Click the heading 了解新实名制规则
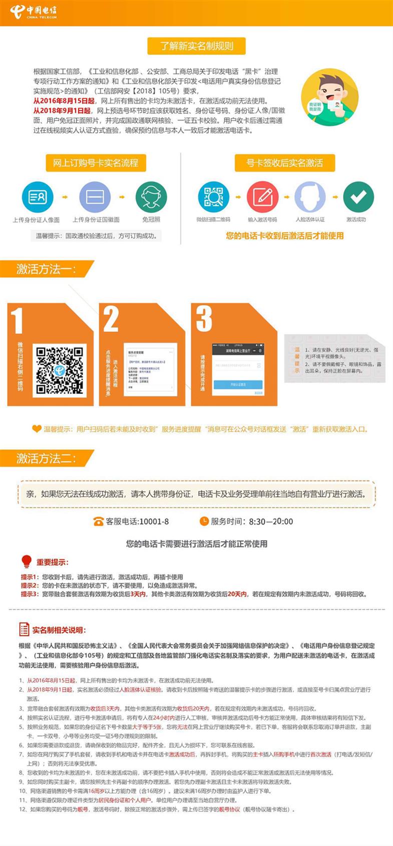(x=196, y=46)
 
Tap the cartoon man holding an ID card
(x=329, y=95)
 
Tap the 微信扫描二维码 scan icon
(x=213, y=196)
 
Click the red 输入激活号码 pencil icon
(x=262, y=196)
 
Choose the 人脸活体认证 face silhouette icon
(x=310, y=196)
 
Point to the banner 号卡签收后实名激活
(x=284, y=162)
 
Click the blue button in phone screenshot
(x=238, y=384)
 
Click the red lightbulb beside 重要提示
(x=27, y=561)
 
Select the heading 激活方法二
(x=46, y=458)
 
